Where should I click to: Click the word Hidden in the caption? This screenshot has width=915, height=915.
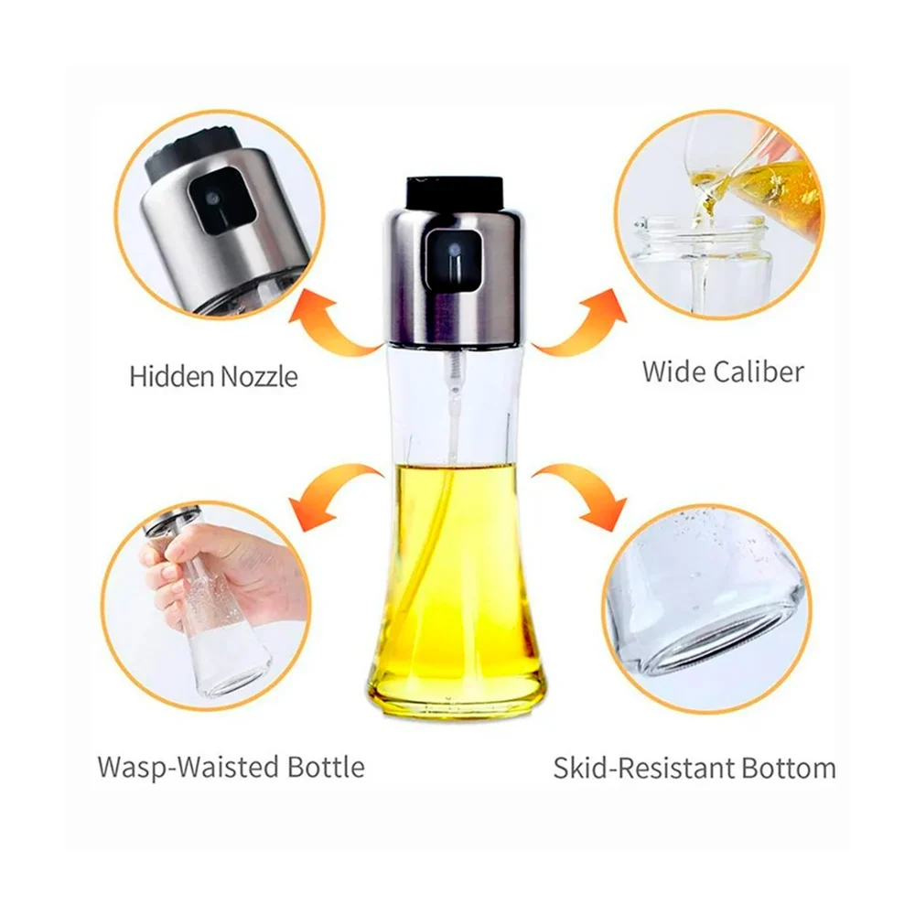point(172,376)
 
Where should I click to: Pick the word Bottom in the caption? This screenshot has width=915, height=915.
point(789,768)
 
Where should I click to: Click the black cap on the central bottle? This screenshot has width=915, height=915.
point(454,192)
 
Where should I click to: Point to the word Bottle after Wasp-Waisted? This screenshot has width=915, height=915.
point(327,767)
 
